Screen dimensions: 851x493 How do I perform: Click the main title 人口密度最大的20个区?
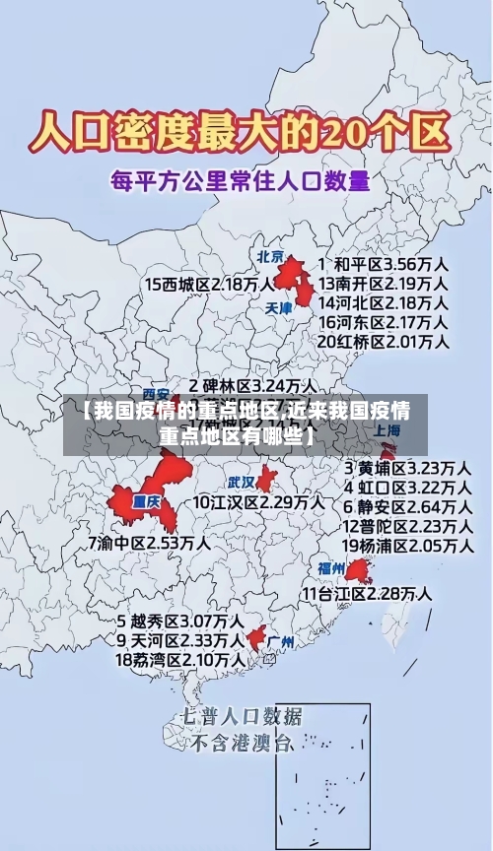click(243, 130)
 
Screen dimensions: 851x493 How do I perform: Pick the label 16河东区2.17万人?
click(384, 321)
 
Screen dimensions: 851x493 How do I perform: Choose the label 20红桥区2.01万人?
click(384, 342)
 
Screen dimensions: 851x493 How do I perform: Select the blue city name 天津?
click(279, 307)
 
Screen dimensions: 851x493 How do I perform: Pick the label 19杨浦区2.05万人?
click(406, 546)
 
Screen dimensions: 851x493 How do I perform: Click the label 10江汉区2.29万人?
click(258, 501)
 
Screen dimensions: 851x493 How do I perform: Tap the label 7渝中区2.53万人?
click(149, 543)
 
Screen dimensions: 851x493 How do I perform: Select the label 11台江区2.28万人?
click(366, 593)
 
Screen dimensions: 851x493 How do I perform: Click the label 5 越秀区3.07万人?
click(180, 622)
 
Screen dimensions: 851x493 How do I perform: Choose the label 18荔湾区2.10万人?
click(180, 659)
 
